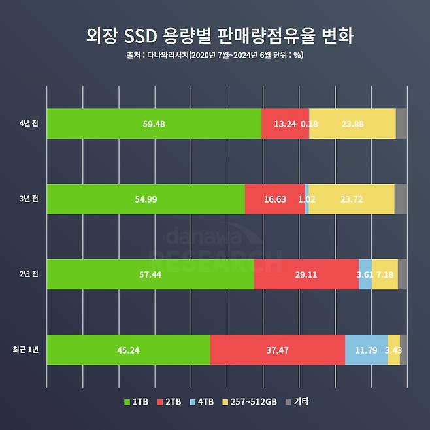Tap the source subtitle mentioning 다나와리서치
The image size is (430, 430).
(x=214, y=55)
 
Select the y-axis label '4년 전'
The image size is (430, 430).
(x=29, y=124)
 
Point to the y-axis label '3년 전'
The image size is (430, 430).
(x=29, y=199)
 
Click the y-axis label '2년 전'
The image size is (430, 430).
(x=29, y=274)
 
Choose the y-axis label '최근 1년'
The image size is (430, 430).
(x=26, y=350)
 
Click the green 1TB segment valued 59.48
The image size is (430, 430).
(x=154, y=124)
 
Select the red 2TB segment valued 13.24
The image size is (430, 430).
(x=284, y=124)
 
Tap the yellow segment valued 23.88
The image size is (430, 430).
(x=353, y=124)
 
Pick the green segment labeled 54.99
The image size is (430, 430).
(x=146, y=199)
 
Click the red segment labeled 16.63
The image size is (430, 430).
(x=274, y=199)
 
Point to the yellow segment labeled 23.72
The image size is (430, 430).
(x=352, y=199)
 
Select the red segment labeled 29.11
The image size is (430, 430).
(x=306, y=274)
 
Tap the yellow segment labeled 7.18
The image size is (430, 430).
(x=385, y=274)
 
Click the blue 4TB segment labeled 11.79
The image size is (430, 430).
(x=366, y=350)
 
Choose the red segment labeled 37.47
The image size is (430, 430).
(x=277, y=350)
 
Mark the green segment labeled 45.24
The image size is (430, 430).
(x=129, y=350)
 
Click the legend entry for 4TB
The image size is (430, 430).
(x=203, y=402)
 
